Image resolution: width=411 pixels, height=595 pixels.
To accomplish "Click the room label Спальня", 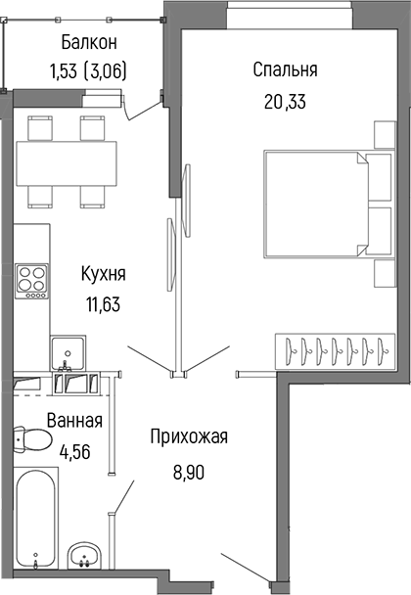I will [285, 70].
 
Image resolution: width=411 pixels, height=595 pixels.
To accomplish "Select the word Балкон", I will [88, 42].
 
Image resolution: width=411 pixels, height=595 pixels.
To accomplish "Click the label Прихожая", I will [189, 436].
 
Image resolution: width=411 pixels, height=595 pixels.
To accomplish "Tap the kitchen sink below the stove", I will [69, 350].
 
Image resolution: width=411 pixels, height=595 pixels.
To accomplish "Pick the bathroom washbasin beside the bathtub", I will [85, 559].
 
